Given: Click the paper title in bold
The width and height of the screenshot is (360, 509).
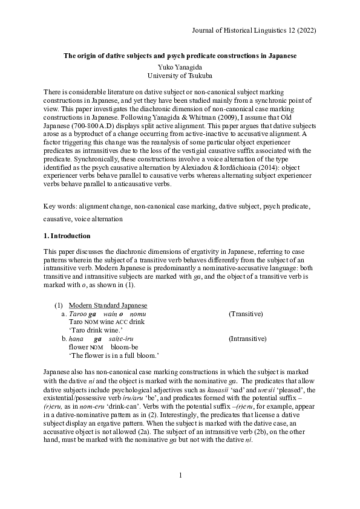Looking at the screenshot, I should [x=180, y=56].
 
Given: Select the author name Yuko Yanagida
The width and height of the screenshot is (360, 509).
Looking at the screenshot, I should [x=180, y=66].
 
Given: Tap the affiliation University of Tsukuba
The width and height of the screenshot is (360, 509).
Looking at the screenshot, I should [x=180, y=75].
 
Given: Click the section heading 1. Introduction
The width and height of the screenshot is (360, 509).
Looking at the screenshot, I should [x=67, y=235].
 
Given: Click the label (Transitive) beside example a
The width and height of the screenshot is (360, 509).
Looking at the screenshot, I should [x=245, y=314].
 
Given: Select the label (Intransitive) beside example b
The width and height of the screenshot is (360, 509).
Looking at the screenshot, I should [x=248, y=340].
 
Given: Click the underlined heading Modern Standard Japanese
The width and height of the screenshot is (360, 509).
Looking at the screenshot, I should [x=108, y=305].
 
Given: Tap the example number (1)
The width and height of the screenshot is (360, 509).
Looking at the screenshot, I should [x=58, y=305].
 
